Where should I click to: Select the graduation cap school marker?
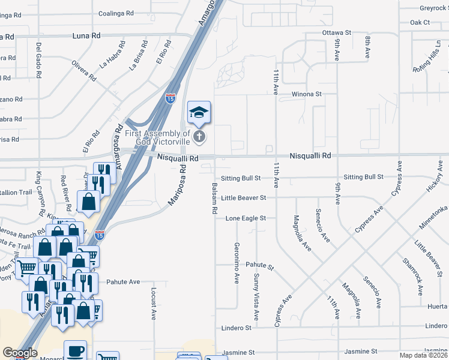click(x=199, y=112)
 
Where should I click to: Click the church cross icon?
click(x=199, y=137)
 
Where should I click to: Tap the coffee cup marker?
click(x=75, y=351)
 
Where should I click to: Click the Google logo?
click(x=20, y=353)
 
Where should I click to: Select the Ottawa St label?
click(x=336, y=32)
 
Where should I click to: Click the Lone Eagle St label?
click(x=245, y=218)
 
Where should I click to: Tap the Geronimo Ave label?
click(x=237, y=263)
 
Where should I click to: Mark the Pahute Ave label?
click(x=123, y=281)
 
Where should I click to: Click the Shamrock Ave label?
click(x=414, y=272)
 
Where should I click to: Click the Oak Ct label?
click(x=420, y=22)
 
